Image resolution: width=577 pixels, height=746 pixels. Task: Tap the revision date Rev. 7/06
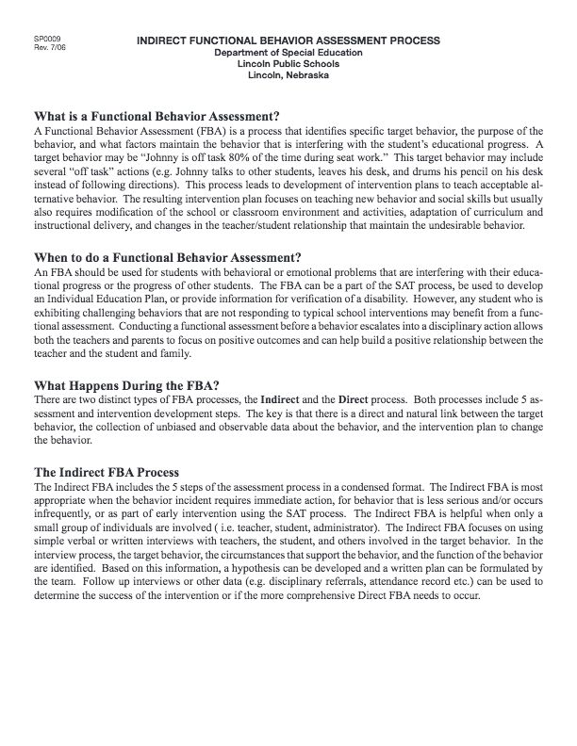click(x=47, y=48)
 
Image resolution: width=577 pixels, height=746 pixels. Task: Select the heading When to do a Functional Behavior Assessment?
click(x=167, y=257)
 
